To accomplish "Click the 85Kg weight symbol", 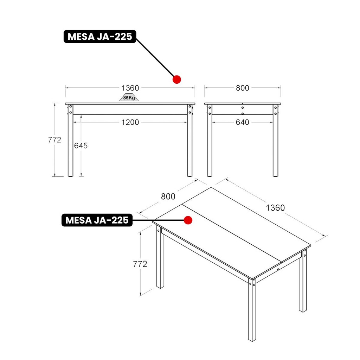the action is (x=129, y=97).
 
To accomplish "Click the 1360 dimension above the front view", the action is (x=130, y=88).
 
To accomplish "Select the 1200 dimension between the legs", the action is (x=130, y=122).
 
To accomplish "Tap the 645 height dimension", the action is (x=81, y=146).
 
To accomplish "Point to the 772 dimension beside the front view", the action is (x=54, y=140).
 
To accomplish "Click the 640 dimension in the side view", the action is (x=243, y=122).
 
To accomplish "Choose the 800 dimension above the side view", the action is (x=243, y=88).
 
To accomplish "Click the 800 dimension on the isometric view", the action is (x=168, y=197).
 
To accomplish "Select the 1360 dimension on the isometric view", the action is (x=275, y=208).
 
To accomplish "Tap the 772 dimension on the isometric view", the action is (x=140, y=264).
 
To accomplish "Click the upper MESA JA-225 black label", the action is (x=100, y=37).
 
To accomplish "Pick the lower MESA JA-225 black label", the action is (x=97, y=220).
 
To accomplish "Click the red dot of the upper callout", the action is (x=177, y=79).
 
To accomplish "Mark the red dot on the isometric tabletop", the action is (x=188, y=220).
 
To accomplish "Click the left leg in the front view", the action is (x=70, y=141).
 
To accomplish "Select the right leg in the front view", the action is (x=189, y=141).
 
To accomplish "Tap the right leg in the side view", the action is (x=276, y=141).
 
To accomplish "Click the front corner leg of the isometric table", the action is (x=252, y=310).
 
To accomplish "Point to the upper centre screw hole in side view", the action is (x=243, y=108).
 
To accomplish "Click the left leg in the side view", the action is (x=210, y=141).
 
